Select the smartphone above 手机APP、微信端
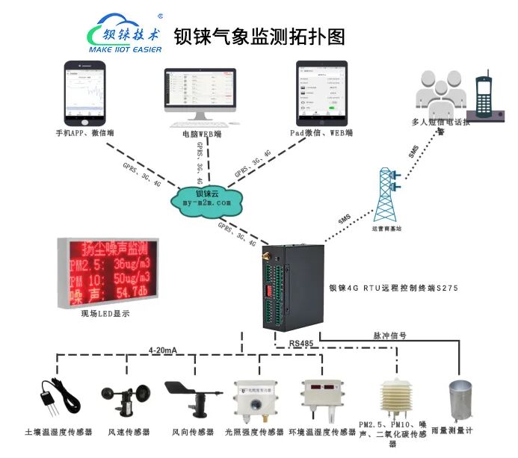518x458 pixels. [x=84, y=93]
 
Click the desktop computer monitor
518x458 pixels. [x=201, y=96]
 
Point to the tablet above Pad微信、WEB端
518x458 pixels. [x=322, y=93]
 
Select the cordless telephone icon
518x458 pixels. [x=484, y=97]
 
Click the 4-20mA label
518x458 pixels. [x=163, y=350]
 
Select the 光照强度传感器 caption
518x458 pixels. [x=254, y=432]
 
